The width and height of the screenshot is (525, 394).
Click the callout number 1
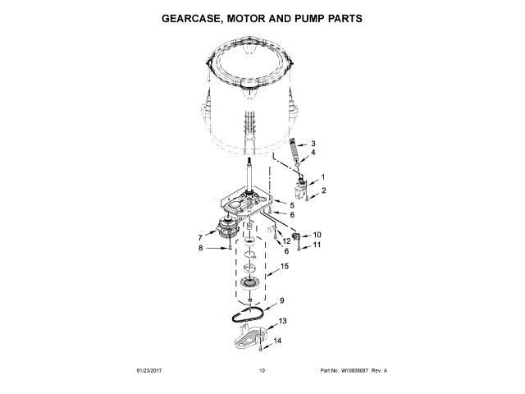[x=322, y=176]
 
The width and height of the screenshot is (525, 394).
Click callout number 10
[x=317, y=236]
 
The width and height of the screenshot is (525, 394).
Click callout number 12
[x=286, y=241]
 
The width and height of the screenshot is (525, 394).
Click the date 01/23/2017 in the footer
[x=151, y=371]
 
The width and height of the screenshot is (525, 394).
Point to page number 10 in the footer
[x=262, y=371]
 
